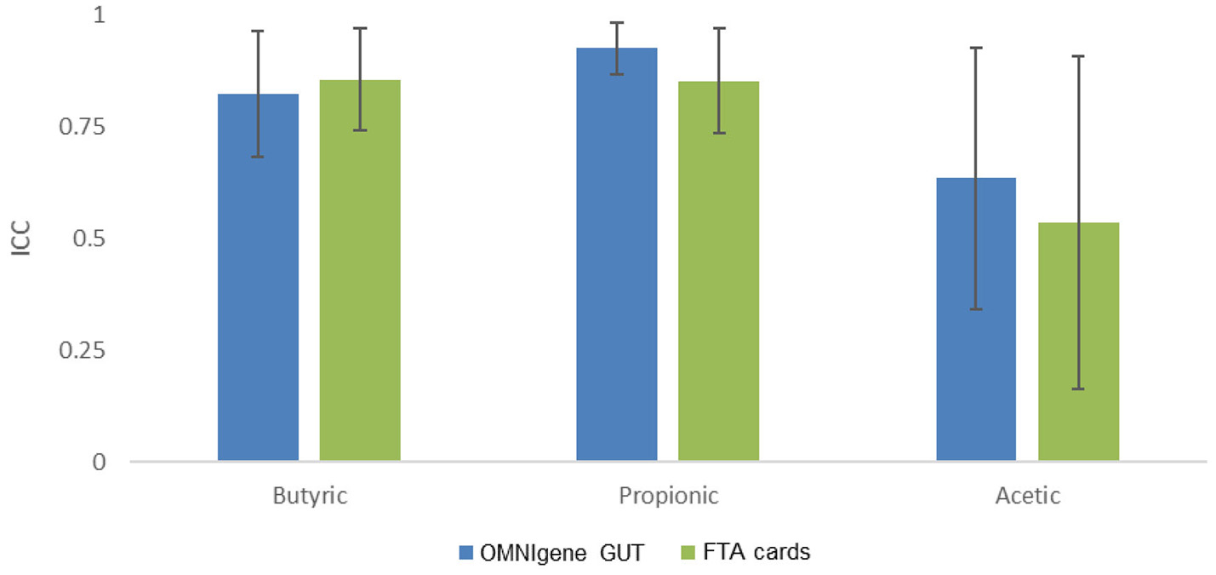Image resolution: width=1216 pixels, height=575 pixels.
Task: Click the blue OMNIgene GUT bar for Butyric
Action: pos(258,281)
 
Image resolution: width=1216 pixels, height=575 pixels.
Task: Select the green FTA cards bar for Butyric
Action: pos(360,273)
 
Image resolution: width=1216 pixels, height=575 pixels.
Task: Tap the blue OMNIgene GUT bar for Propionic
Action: pos(617,256)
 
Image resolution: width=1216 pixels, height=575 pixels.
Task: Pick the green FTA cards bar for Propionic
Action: pos(718,273)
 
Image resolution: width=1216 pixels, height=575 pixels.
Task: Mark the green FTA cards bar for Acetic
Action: pos(1078,341)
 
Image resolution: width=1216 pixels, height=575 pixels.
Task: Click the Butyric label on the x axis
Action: pos(310,497)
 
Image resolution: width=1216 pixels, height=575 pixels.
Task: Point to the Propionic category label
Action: pos(669,497)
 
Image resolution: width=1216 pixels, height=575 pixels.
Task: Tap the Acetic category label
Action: pos(1027,497)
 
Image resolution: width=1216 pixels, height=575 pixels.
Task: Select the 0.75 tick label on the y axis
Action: pos(90,128)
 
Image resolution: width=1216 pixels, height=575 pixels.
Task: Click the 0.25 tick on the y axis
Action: pos(90,351)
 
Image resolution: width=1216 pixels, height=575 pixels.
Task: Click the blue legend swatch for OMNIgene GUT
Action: pos(466,553)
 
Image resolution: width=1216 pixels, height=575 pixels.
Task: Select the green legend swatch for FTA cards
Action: pos(689,553)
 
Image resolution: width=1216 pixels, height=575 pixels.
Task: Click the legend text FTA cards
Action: pos(756,553)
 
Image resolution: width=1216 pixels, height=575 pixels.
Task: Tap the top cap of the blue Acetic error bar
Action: pos(976,48)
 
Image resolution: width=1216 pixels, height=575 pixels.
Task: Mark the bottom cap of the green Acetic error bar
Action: pos(1078,389)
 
